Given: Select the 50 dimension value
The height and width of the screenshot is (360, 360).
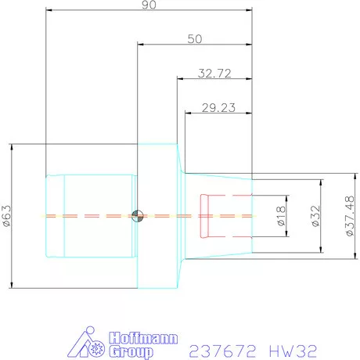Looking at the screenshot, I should (196, 38).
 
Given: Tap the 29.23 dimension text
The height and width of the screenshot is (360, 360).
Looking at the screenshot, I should (218, 109).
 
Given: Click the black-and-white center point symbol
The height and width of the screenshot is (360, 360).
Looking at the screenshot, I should (138, 216).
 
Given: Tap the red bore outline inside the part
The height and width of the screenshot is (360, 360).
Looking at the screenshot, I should (205, 215).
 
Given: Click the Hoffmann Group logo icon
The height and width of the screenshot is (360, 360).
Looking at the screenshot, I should (90, 342).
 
